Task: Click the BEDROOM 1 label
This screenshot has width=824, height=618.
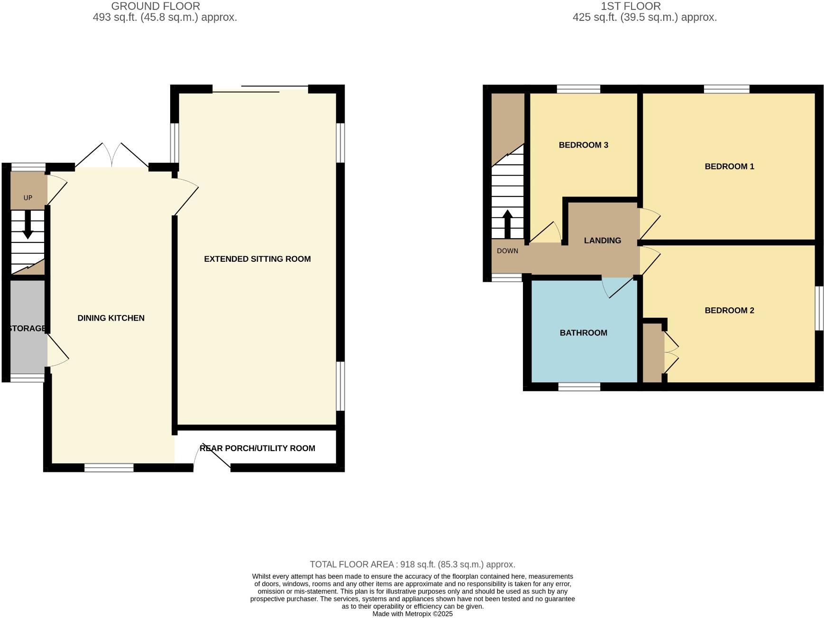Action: tap(729, 166)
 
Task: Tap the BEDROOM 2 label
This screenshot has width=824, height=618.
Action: tap(729, 311)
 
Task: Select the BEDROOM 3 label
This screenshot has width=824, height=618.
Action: tap(583, 145)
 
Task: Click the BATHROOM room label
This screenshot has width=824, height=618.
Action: tap(583, 333)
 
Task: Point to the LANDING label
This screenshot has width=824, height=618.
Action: tap(602, 240)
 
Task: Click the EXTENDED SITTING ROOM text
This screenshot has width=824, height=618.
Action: tap(257, 259)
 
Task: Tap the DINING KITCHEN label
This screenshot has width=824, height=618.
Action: tap(111, 318)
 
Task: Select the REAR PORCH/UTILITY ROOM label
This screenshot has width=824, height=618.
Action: tap(257, 448)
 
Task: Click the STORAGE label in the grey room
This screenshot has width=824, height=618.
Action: tap(27, 328)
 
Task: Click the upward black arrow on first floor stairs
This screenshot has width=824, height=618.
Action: tap(507, 224)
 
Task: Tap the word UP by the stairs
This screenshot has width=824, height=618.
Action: tap(28, 198)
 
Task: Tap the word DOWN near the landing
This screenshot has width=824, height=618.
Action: tap(507, 251)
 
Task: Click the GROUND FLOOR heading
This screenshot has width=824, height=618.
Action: tap(156, 6)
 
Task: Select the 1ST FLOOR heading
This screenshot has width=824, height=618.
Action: tap(631, 6)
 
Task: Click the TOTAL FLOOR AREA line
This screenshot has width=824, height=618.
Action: tap(412, 564)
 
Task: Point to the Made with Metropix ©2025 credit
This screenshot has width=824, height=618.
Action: tap(412, 614)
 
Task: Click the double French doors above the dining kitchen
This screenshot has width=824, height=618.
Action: tap(112, 156)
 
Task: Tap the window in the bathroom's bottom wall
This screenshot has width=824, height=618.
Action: tap(579, 387)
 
